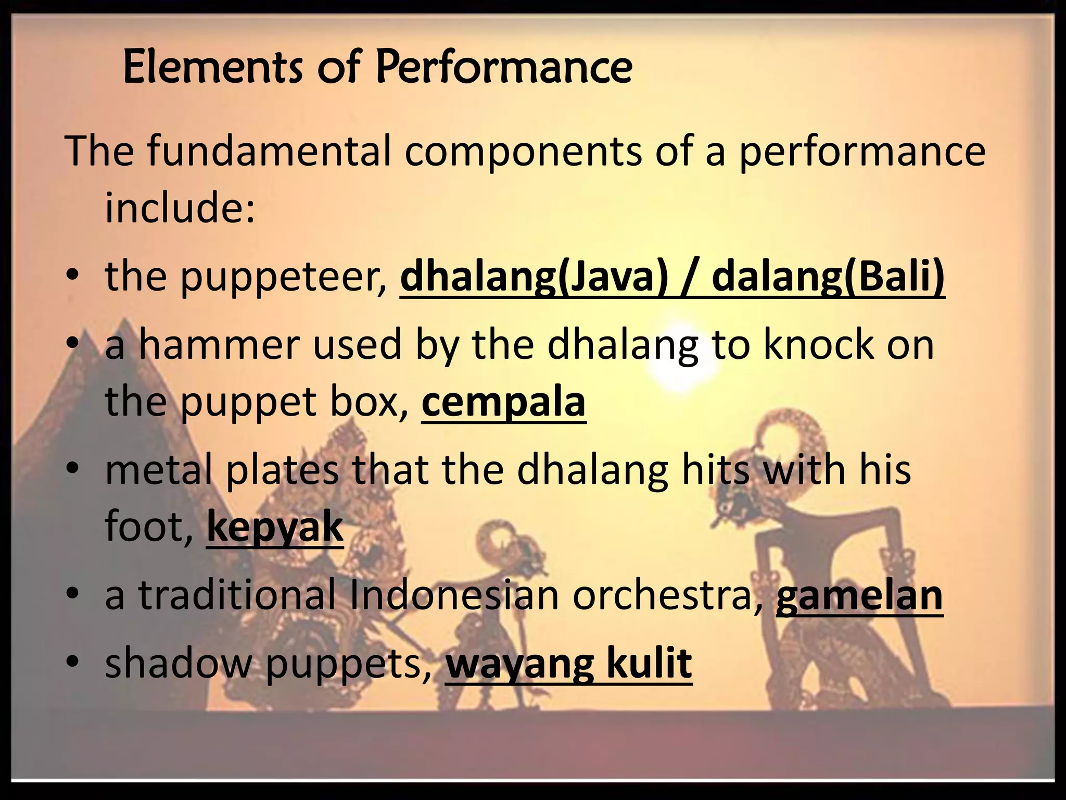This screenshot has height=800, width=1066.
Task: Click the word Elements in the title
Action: coord(212,68)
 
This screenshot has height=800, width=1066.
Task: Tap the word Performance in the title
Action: coord(504,68)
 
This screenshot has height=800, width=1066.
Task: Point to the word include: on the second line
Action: coord(180,207)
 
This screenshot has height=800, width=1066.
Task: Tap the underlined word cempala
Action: coord(503,402)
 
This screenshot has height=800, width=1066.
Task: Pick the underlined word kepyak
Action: coord(275,527)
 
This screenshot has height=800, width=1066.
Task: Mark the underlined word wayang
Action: coord(519,664)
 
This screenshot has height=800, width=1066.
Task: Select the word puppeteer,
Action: coord(284,277)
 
